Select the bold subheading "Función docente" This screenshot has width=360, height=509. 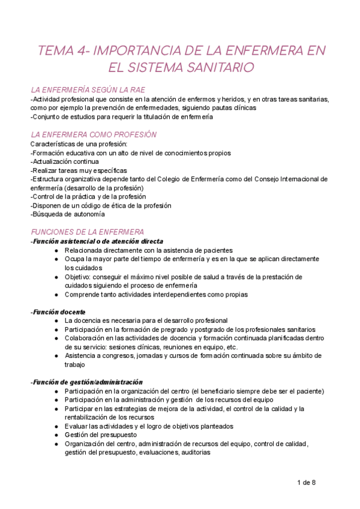(x=58, y=312)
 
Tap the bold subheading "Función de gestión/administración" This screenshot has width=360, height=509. (x=88, y=382)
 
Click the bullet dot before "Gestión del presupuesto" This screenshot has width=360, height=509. (x=56, y=435)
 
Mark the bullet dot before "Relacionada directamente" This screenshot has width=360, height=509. (x=56, y=250)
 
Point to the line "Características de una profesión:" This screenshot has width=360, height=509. (x=74, y=145)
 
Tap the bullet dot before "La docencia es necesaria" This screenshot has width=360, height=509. (x=56, y=321)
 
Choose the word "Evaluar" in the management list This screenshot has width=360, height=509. (x=77, y=426)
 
